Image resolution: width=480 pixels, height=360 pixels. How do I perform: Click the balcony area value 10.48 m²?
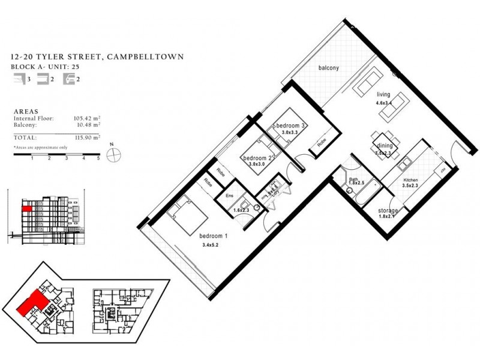(87, 124)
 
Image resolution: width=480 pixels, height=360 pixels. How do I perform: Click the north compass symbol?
(112, 154)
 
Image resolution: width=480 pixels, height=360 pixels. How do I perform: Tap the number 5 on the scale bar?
(98, 160)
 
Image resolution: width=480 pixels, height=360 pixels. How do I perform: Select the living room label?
(384, 95)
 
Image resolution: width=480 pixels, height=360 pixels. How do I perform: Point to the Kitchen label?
(410, 179)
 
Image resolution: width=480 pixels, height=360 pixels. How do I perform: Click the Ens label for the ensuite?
(229, 195)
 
